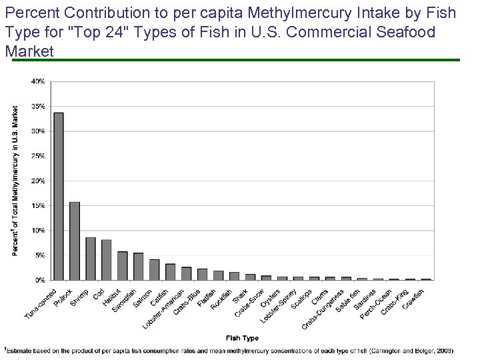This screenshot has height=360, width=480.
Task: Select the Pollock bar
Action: [x=75, y=241]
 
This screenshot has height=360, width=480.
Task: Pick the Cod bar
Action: [x=107, y=260]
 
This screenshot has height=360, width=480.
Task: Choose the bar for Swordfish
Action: [x=139, y=266]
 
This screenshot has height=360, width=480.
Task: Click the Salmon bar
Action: [x=155, y=269]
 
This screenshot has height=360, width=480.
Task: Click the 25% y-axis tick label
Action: [x=39, y=156]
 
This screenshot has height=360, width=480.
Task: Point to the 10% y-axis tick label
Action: [x=39, y=231]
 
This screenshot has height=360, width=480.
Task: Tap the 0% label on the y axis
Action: [x=41, y=280]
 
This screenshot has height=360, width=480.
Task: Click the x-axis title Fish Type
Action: [x=242, y=338]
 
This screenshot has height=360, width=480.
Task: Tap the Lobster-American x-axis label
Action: [x=164, y=307]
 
